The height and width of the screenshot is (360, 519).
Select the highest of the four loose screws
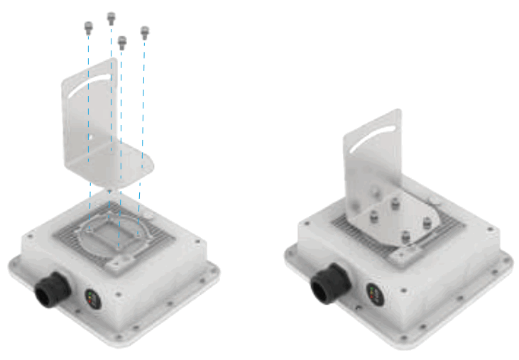(111, 17)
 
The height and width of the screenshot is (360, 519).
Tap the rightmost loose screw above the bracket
(145, 32)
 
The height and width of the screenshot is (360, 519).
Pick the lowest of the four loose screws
(121, 43)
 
